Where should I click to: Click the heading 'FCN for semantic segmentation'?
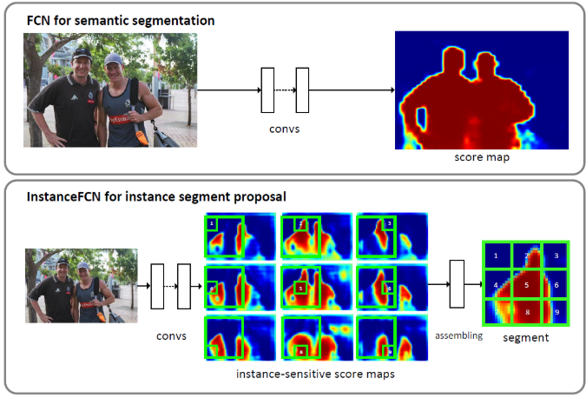point(109,18)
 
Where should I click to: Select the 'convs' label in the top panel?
point(284,132)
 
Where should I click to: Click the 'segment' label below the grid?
point(525,337)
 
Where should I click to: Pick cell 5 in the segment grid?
point(525,282)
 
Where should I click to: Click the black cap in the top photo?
point(82,54)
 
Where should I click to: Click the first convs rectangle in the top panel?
point(267,90)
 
